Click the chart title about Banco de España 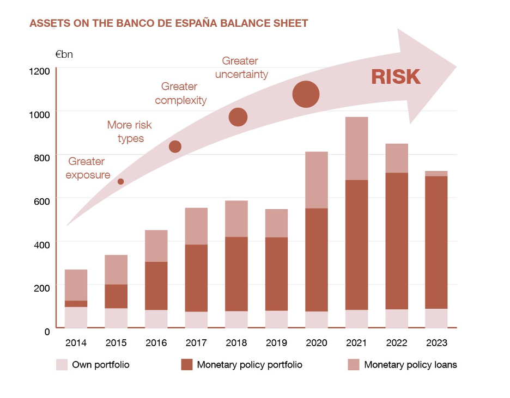(x=168, y=23)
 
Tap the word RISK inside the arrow (x=396, y=77)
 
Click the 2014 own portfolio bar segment (x=76, y=317)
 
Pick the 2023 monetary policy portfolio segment (x=436, y=242)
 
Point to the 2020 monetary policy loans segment (x=316, y=180)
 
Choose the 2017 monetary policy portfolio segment (x=196, y=278)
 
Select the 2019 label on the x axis (x=276, y=342)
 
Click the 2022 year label (x=396, y=342)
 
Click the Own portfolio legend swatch (x=62, y=365)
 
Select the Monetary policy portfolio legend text (x=250, y=365)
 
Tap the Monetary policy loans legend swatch (x=354, y=365)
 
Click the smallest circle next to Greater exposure (x=121, y=181)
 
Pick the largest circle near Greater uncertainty (x=306, y=94)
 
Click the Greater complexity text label (x=180, y=93)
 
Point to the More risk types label (x=130, y=132)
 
